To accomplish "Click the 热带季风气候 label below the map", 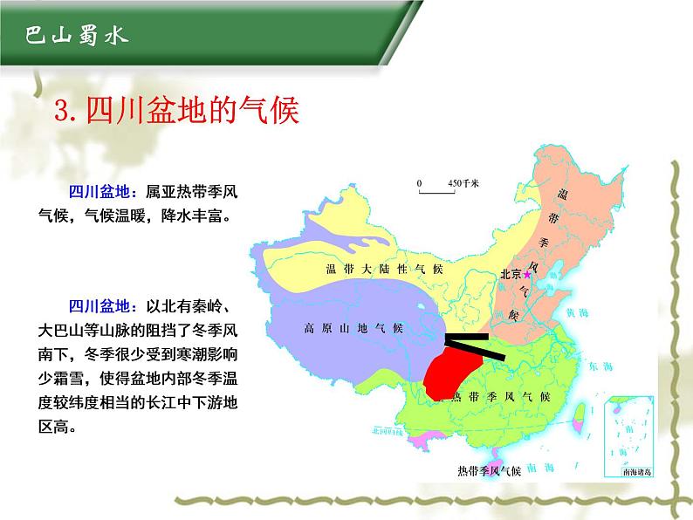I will pyautogui.click(x=489, y=472).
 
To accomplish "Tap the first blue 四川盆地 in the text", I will pyautogui.click(x=99, y=192).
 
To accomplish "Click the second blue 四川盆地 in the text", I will pyautogui.click(x=99, y=306).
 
